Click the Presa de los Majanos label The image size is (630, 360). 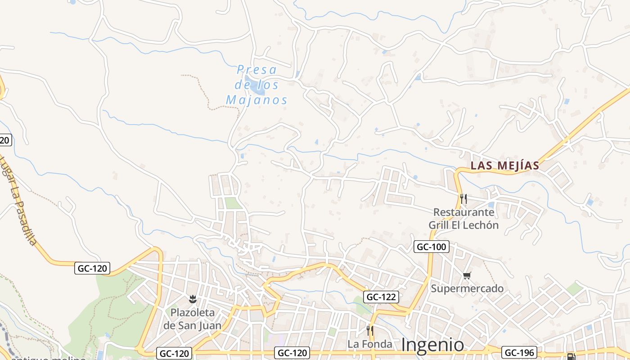click(256, 85)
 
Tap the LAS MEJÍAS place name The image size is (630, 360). click(504, 166)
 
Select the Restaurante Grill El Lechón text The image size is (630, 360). click(463, 219)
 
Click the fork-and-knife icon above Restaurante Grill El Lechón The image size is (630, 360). click(463, 198)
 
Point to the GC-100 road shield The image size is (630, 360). click(432, 247)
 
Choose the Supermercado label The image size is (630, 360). click(467, 288)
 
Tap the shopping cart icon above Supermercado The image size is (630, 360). click(467, 275)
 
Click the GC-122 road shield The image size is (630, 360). click(381, 297)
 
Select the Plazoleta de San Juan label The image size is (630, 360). click(192, 319)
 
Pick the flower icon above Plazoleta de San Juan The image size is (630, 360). click(193, 299)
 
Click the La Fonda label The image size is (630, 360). click(369, 344)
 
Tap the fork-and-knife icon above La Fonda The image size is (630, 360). click(369, 330)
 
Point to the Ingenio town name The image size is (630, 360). click(432, 345)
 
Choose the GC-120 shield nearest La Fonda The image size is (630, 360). click(292, 353)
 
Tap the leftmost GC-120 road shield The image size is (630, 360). click(92, 269)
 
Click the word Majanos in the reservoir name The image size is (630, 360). click(256, 99)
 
